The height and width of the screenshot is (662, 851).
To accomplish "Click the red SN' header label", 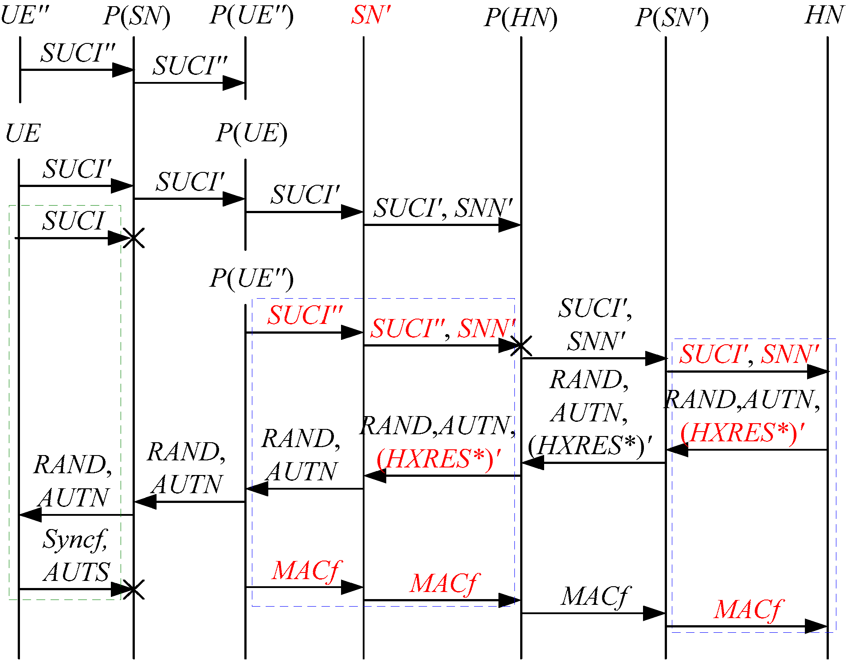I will click(x=371, y=16).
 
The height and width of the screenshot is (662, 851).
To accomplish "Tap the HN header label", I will click(x=824, y=16).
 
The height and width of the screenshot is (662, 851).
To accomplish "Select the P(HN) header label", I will click(x=521, y=18).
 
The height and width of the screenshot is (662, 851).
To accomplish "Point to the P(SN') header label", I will click(x=671, y=18).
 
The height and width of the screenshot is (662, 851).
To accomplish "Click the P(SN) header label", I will click(x=137, y=16).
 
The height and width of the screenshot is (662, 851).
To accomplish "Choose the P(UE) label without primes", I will click(x=251, y=133).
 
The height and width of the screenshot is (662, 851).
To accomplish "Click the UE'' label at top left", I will click(x=24, y=16).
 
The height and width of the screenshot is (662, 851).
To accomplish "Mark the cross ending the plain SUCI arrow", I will click(x=133, y=238).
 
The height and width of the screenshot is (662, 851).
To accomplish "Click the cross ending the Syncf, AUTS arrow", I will click(x=133, y=590).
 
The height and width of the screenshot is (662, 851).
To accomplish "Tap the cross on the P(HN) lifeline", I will click(x=521, y=346).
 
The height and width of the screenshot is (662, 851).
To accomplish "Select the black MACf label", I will click(x=595, y=596).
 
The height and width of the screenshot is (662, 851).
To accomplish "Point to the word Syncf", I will click(x=75, y=539).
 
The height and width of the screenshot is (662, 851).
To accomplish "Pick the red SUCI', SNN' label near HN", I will click(x=749, y=354).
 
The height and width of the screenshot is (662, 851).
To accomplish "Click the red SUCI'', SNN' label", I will click(x=443, y=328).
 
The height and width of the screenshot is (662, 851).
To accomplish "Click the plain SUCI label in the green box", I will click(x=74, y=221).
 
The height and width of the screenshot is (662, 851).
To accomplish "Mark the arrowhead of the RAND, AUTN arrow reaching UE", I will click(x=29, y=515).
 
